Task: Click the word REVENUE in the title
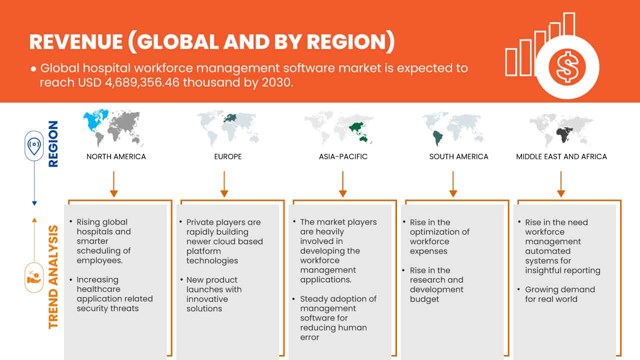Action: (75, 42)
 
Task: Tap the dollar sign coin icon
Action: (566, 67)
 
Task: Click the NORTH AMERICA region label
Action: (116, 156)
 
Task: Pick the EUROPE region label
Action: (227, 156)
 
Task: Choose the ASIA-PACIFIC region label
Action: (343, 156)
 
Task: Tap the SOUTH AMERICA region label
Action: (458, 156)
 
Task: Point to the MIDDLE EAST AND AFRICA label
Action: (561, 156)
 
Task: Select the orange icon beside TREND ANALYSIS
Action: (34, 277)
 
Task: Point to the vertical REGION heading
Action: (53, 143)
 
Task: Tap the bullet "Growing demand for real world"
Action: (552, 294)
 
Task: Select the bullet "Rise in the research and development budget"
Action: (436, 284)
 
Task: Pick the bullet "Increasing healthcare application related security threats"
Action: (114, 294)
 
